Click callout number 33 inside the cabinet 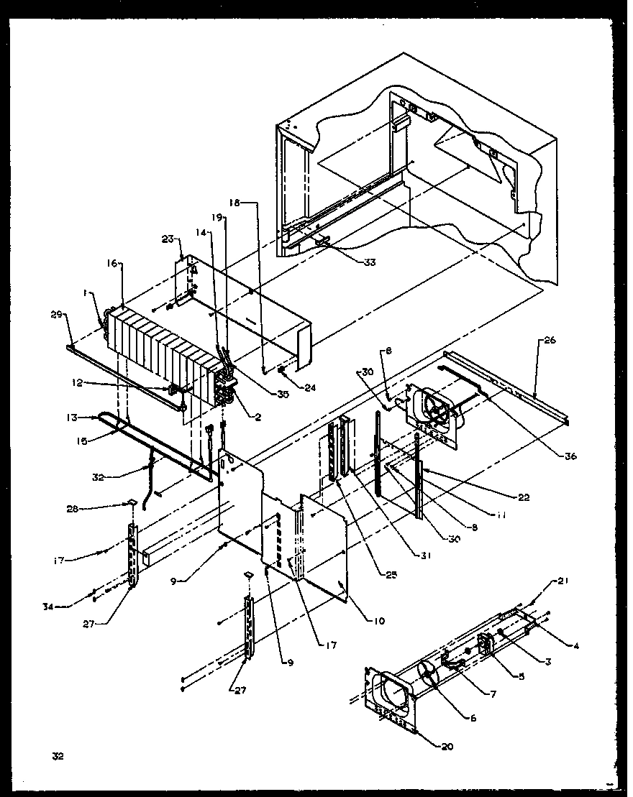coord(369,262)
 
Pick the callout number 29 coord(57,314)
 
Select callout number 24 coord(310,388)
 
